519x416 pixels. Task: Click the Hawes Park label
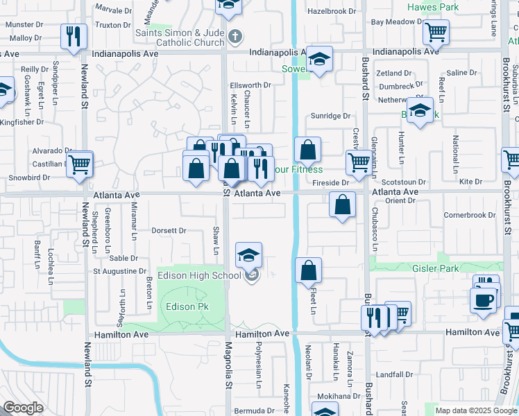433,7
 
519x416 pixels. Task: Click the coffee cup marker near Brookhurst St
484,301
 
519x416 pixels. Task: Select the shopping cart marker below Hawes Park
436,31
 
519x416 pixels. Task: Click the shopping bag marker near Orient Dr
343,205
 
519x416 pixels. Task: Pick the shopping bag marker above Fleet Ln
309,271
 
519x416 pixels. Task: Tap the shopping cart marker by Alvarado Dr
80,165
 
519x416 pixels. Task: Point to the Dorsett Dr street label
169,230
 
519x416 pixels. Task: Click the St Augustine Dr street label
120,271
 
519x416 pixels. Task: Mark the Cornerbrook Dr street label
470,215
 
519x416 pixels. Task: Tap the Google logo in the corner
23,408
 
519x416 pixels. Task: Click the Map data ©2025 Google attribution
475,410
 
